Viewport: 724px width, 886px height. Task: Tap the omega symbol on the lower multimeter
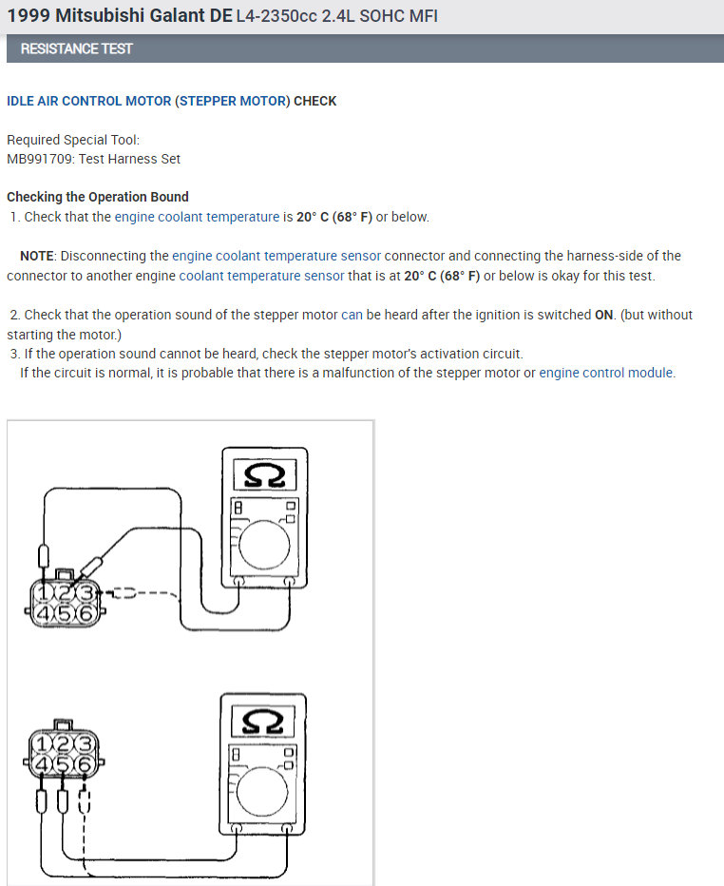[x=263, y=722]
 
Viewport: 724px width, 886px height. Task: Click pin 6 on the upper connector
[x=86, y=614]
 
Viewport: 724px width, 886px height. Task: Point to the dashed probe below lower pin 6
[x=84, y=801]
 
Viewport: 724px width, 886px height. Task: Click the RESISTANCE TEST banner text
[x=77, y=48]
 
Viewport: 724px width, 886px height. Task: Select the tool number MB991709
[x=38, y=159]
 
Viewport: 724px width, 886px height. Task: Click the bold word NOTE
[x=38, y=256]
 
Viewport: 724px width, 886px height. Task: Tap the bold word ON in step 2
[x=603, y=315]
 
